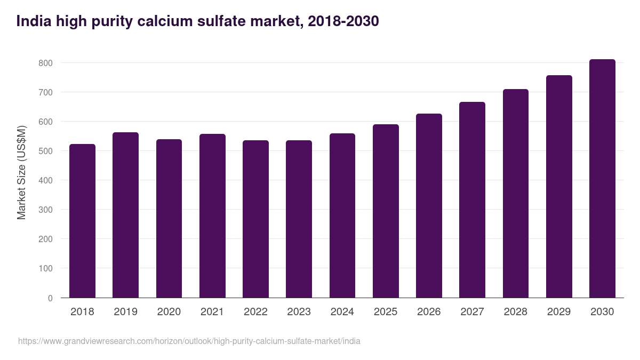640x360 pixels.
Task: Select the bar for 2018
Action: (83, 221)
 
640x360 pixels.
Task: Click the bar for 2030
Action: (602, 179)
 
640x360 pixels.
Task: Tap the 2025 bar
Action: (386, 211)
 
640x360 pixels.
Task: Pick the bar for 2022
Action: (255, 219)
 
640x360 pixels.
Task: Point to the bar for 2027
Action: (472, 200)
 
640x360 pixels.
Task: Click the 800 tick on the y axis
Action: (46, 63)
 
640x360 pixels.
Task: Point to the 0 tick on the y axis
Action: (50, 298)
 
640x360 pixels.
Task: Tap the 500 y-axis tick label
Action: (46, 151)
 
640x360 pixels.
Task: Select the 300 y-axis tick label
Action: (46, 210)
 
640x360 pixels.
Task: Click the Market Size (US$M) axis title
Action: (21, 172)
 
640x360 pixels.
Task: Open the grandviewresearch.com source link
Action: (189, 341)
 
